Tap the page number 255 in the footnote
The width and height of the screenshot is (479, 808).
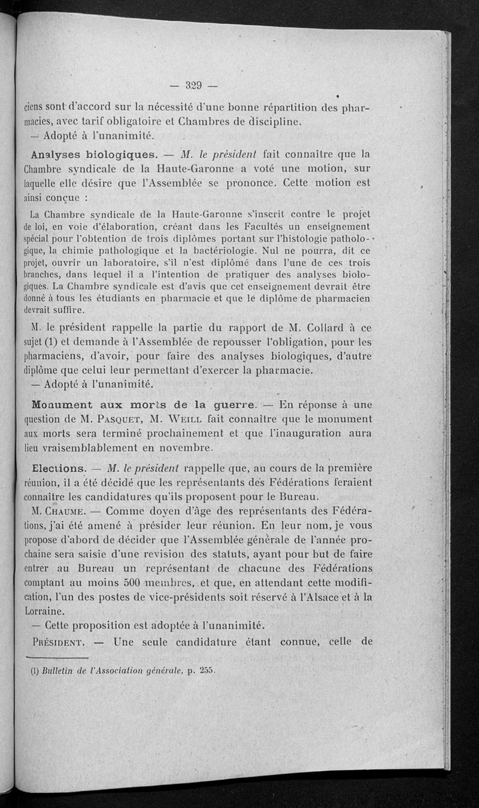click(x=207, y=670)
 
